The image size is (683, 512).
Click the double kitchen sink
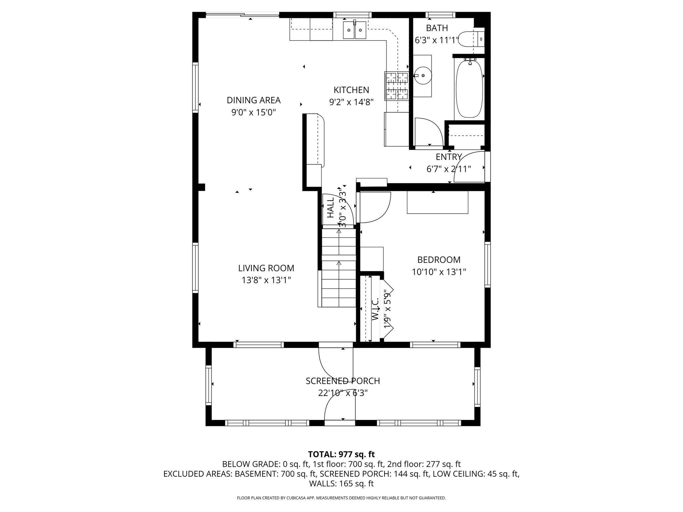(x=355, y=30)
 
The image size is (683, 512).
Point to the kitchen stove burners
(x=397, y=86)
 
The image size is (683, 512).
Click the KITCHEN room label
(x=351, y=90)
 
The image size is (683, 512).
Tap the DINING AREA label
(x=253, y=100)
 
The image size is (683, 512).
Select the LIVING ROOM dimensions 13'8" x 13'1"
(x=266, y=280)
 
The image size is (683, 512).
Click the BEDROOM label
(x=439, y=260)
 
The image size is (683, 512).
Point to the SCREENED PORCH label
(x=343, y=381)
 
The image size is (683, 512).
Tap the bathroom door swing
(x=428, y=132)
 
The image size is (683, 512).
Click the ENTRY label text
(x=449, y=157)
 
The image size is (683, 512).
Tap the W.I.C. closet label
(x=375, y=309)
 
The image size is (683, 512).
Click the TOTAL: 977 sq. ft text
(x=341, y=454)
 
